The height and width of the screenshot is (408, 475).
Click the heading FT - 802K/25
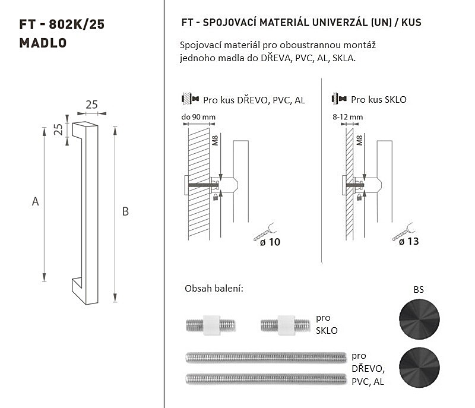62,24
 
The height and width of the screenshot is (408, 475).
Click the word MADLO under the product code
43,43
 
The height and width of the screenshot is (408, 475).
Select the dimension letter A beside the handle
35,201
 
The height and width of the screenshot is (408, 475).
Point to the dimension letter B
125,211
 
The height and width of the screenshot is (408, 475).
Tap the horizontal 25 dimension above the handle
91,105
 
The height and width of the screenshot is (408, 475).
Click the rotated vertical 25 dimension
58,129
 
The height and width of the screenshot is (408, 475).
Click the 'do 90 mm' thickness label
198,117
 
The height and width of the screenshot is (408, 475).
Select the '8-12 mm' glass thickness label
347,117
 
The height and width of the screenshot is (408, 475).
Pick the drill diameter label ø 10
270,242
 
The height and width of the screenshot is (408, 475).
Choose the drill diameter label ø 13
408,241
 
